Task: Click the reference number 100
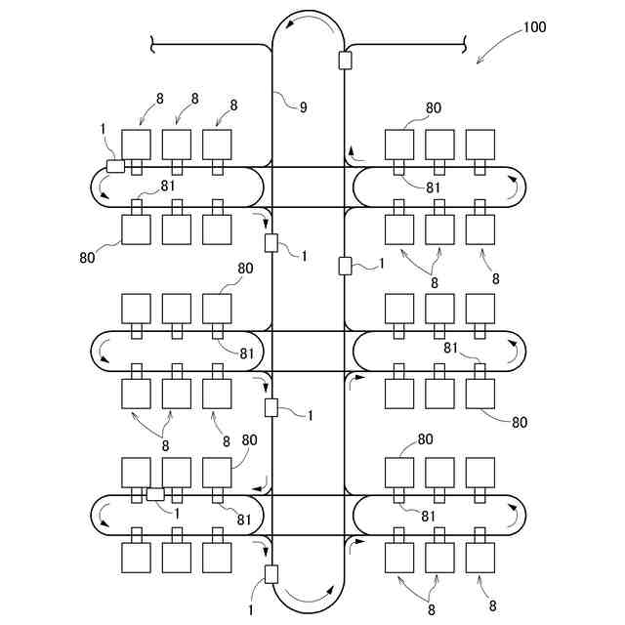click(x=533, y=27)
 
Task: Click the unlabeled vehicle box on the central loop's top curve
click(x=344, y=61)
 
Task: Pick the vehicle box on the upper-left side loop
click(x=115, y=165)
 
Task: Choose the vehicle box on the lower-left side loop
click(x=154, y=494)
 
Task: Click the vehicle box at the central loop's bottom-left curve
click(x=271, y=573)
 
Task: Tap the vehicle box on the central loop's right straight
click(x=344, y=265)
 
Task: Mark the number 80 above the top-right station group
click(x=435, y=108)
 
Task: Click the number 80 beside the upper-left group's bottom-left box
click(x=87, y=258)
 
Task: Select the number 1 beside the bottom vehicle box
click(x=252, y=609)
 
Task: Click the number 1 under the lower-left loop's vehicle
click(x=177, y=512)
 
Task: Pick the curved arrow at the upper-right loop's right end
click(x=513, y=192)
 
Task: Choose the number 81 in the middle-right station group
click(x=451, y=348)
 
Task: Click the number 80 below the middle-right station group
click(x=519, y=422)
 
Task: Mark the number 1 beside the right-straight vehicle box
click(x=382, y=264)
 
